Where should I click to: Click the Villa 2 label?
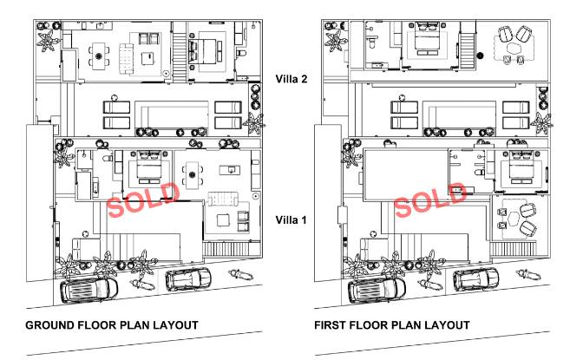point(291,79)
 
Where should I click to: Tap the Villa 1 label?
point(291,219)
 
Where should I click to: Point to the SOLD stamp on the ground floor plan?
point(144,200)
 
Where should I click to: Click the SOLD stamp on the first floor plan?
point(430,200)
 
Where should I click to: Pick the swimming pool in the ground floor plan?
point(172,115)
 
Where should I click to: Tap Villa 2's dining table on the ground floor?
point(99,56)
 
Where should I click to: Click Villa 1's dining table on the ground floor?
point(193,174)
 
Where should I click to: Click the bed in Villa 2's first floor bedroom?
point(427,40)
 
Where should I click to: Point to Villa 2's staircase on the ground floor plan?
point(180,52)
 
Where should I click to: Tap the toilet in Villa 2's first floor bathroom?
point(372,43)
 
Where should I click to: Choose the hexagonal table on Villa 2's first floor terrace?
point(514,49)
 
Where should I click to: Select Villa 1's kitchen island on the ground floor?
point(230,170)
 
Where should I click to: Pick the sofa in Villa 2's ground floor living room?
point(126,58)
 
